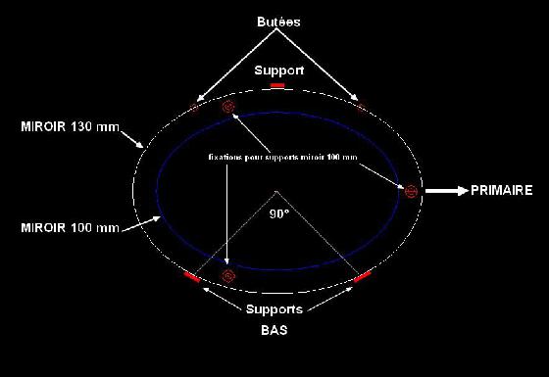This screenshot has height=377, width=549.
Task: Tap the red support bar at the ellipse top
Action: (277, 86)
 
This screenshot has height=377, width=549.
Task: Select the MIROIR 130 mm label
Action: (61, 127)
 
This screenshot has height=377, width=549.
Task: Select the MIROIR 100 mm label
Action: (70, 227)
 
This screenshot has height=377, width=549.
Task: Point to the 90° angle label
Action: (279, 219)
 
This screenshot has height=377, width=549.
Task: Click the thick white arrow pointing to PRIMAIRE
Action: (445, 192)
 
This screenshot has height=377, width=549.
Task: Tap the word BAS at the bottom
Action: (274, 331)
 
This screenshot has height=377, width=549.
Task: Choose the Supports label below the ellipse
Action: (274, 310)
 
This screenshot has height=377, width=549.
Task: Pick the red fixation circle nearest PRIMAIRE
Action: (411, 189)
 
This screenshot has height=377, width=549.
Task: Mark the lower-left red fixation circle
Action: (228, 276)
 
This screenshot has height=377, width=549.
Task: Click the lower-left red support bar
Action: (192, 278)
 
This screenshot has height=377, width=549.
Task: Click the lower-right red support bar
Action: (362, 278)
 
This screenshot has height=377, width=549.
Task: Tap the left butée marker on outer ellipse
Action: (194, 104)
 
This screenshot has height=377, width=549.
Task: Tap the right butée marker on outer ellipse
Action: (360, 105)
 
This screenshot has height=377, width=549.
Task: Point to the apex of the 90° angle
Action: (277, 189)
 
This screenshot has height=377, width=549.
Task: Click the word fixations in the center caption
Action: (227, 156)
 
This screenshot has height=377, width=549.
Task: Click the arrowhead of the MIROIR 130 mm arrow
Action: (142, 147)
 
